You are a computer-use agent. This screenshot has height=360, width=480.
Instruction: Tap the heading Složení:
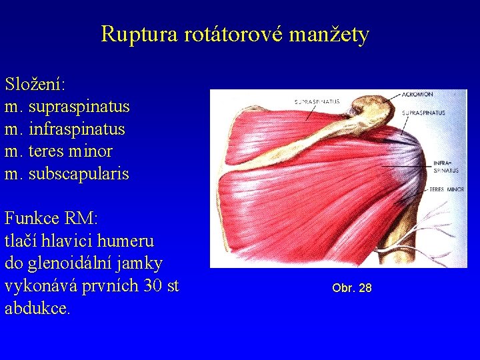coord(35,85)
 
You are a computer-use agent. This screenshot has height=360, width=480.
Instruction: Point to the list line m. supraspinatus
coord(67,107)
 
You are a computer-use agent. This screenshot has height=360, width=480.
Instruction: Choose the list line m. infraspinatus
coord(65,129)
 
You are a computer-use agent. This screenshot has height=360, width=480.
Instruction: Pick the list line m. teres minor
coord(59,151)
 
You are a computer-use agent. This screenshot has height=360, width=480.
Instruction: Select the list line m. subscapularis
coord(67,174)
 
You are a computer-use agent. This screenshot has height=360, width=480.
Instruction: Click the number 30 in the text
coord(152,287)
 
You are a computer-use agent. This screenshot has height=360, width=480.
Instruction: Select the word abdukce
coord(37,309)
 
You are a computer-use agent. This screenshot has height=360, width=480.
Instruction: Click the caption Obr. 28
coord(352,288)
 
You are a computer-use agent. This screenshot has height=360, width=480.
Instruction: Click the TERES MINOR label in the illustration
coord(446,189)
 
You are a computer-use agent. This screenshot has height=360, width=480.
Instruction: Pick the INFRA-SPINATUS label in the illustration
coord(446,167)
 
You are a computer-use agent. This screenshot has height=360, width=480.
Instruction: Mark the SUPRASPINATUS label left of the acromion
coord(317,101)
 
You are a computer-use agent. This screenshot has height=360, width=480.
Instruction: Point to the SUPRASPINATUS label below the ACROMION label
coord(424,113)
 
